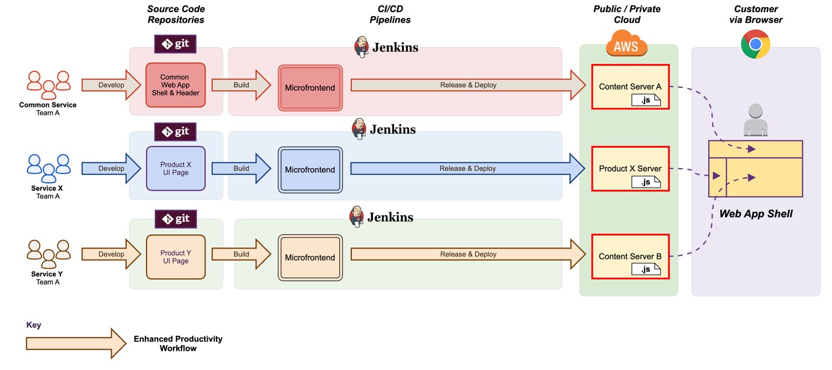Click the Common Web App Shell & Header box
tap(176, 85)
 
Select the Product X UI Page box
tap(176, 168)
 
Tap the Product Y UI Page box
tap(176, 257)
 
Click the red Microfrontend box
tap(310, 87)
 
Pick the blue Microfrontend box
tap(310, 170)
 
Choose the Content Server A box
tap(630, 87)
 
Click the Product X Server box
tap(630, 169)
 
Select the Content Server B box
tap(630, 257)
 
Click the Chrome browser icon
tap(755, 44)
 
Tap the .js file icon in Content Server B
tap(646, 269)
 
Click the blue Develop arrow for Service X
tap(111, 169)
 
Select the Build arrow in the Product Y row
tap(241, 254)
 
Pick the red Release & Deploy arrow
tap(468, 85)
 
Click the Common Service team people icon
tap(48, 85)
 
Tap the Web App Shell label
tap(755, 214)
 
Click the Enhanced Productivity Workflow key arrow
tap(76, 343)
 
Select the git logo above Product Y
tap(175, 219)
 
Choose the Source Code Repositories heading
tap(176, 15)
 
